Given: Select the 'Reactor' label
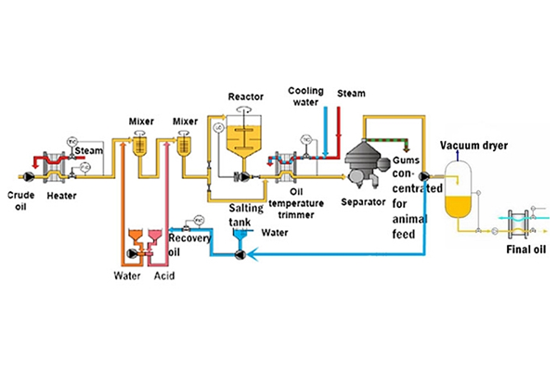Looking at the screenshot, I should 244,96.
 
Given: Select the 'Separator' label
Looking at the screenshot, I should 362,200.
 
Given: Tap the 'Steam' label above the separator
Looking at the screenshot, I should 351,94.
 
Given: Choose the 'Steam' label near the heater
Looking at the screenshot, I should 89,150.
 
